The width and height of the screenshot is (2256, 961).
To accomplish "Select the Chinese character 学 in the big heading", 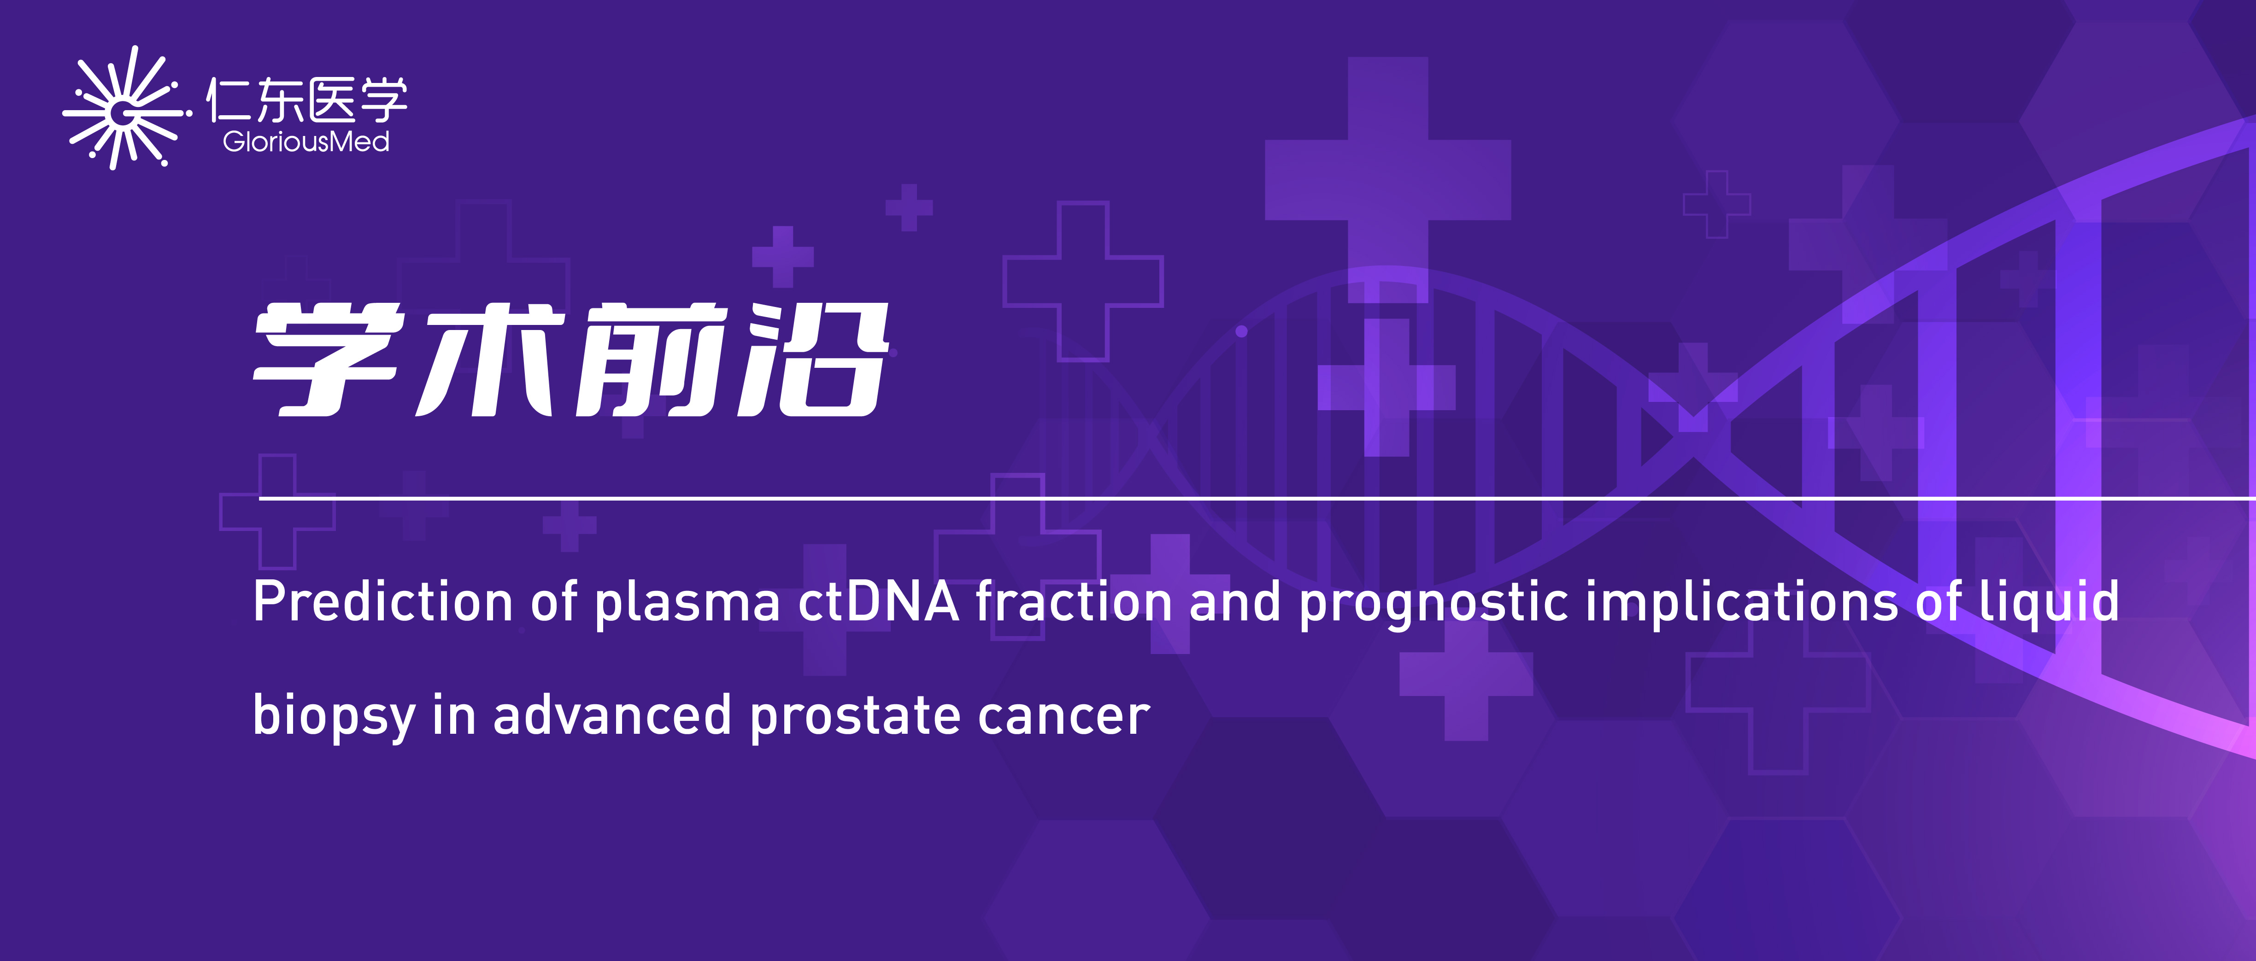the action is click(329, 359).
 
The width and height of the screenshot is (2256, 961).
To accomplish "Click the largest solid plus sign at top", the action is click(1388, 180).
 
